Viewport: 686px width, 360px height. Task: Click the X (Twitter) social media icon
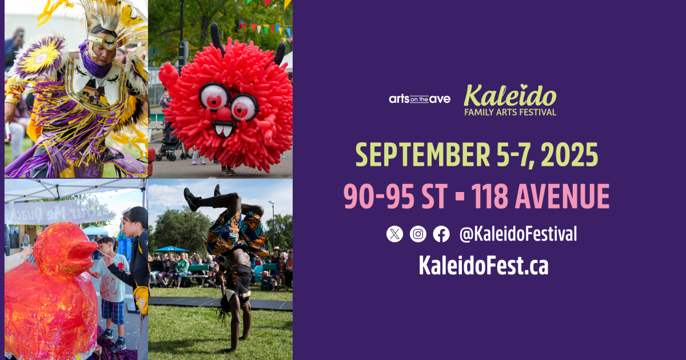pyautogui.click(x=394, y=234)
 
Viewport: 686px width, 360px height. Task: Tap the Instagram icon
pyautogui.click(x=418, y=234)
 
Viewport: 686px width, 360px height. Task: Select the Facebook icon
pyautogui.click(x=441, y=234)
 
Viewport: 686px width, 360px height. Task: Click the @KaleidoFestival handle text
pyautogui.click(x=518, y=234)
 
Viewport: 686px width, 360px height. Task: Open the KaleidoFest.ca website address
pyautogui.click(x=484, y=265)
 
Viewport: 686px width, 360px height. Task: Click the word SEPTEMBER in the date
pyautogui.click(x=422, y=155)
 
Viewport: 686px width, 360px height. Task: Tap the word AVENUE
pyautogui.click(x=563, y=196)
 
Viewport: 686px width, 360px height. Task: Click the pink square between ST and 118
pyautogui.click(x=460, y=196)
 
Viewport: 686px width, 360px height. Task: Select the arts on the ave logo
pyautogui.click(x=420, y=99)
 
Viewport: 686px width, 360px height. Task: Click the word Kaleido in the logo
pyautogui.click(x=510, y=95)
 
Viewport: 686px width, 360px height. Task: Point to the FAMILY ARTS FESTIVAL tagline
pyautogui.click(x=510, y=112)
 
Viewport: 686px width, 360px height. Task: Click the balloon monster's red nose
pyautogui.click(x=224, y=114)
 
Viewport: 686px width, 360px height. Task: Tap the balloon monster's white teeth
pyautogui.click(x=224, y=130)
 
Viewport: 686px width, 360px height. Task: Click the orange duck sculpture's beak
pyautogui.click(x=89, y=252)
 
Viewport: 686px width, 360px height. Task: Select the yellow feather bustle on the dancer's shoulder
pyautogui.click(x=41, y=57)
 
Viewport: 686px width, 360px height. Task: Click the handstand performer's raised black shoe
pyautogui.click(x=192, y=199)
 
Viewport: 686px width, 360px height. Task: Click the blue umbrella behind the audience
pyautogui.click(x=171, y=249)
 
